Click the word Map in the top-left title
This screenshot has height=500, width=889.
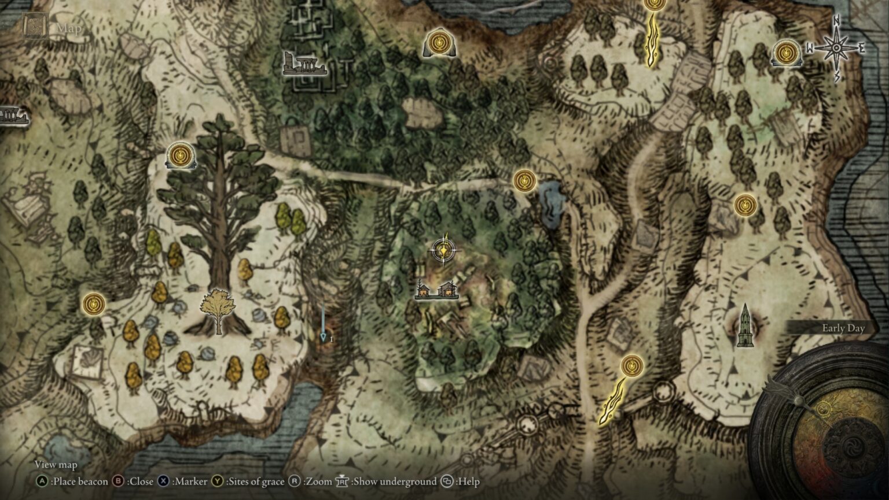coord(69,27)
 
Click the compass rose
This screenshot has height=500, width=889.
coord(836,48)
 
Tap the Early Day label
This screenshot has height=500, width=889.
coord(843,328)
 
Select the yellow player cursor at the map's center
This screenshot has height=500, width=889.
coord(444,251)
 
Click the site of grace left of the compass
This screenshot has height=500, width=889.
coord(786,53)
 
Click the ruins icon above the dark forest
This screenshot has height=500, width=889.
coord(303,64)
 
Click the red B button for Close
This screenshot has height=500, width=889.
coord(118,481)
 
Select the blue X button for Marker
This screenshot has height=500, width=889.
coord(164,481)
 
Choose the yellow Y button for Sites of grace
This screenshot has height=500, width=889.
coord(218,481)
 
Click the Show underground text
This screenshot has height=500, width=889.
coord(395,481)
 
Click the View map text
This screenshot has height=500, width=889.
coord(56,464)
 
